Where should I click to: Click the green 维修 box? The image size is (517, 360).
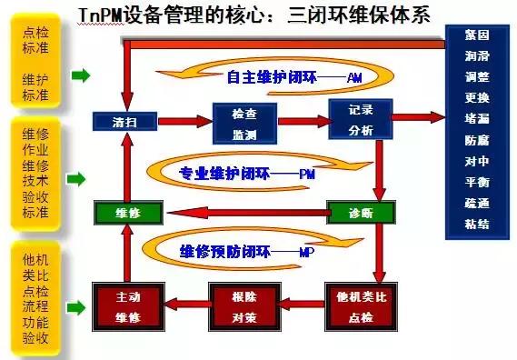(x=127, y=212)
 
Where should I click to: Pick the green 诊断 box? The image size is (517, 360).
(x=361, y=212)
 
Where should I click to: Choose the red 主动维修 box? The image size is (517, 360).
(x=127, y=305)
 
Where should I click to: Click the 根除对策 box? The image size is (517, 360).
(x=243, y=305)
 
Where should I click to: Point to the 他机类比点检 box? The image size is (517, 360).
(x=361, y=305)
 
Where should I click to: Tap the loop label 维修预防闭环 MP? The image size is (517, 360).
(x=245, y=252)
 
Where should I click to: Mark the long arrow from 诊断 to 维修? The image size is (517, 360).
(x=245, y=214)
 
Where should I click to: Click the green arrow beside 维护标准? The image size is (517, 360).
(x=80, y=76)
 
